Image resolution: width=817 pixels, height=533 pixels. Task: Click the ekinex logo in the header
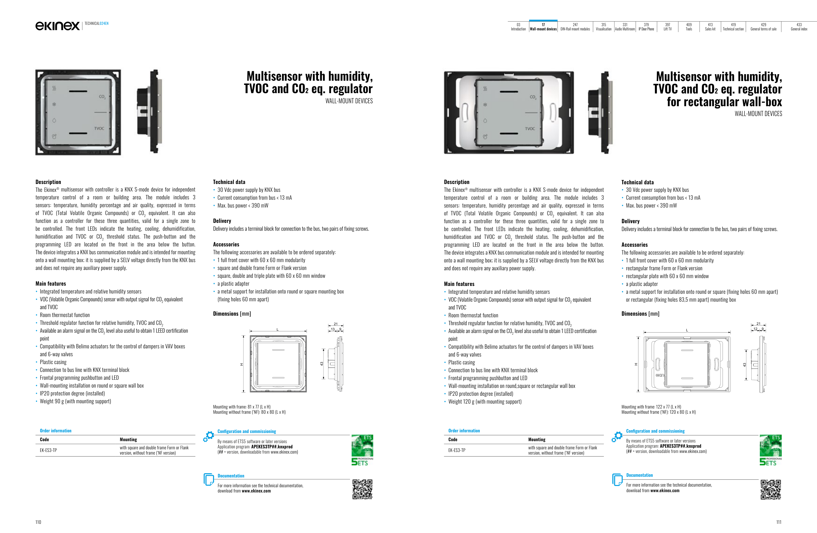57,26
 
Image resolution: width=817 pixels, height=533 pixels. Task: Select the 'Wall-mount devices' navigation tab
543,27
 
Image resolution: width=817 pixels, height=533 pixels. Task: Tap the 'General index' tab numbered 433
799,27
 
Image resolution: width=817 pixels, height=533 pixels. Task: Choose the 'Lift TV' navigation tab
667,27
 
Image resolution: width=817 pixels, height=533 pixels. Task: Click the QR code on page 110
362,489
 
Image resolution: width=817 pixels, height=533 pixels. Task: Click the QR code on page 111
771,490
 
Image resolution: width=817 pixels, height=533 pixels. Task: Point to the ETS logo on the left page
362,450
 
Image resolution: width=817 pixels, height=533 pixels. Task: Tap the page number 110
38,522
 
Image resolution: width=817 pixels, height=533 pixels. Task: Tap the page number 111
778,522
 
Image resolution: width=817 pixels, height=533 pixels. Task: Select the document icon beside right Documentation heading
617,479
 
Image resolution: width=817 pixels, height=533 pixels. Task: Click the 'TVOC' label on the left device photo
99,128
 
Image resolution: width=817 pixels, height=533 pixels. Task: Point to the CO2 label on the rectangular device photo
533,97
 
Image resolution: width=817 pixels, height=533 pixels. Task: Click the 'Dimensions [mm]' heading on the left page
232,314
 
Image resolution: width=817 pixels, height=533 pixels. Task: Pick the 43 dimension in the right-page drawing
744,365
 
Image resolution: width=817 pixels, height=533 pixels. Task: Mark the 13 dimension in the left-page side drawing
332,329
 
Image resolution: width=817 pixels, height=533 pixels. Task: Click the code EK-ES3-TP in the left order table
48,450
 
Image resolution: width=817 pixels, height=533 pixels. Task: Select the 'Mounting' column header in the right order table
537,440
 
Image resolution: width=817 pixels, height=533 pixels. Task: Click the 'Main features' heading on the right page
459,284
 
